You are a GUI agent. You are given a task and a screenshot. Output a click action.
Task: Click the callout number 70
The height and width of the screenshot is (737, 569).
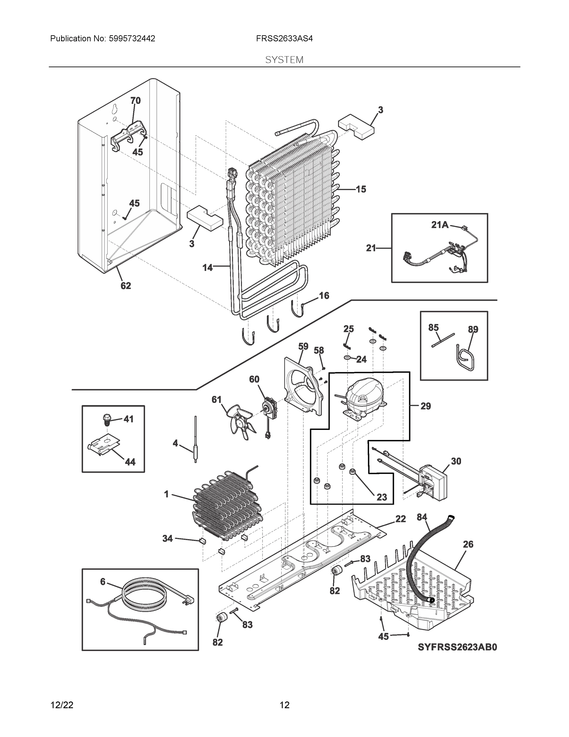(136, 100)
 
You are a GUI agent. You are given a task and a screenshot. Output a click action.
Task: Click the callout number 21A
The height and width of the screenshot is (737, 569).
(440, 225)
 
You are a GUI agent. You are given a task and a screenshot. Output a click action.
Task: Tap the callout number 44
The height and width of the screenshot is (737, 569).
(130, 462)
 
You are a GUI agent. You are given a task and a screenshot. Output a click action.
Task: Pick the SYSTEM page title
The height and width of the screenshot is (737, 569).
(284, 60)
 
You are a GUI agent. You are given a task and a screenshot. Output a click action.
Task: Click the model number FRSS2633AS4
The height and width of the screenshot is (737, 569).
(284, 39)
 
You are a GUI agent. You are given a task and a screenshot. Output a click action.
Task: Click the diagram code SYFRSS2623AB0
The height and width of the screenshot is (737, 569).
(457, 647)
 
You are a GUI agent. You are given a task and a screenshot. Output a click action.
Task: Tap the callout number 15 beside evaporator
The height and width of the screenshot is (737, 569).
(361, 189)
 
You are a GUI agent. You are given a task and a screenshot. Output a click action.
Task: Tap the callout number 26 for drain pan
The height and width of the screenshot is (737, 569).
(468, 544)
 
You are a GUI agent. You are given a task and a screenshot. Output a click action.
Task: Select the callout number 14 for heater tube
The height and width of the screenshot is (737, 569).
(208, 267)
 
